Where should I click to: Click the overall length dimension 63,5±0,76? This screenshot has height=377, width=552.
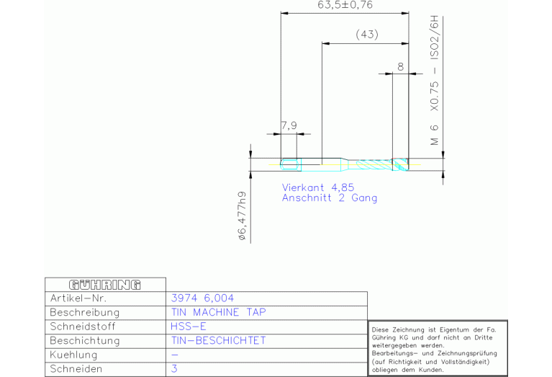click(x=345, y=5)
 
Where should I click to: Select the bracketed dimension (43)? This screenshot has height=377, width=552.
click(x=367, y=34)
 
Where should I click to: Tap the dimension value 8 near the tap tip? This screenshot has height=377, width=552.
click(x=401, y=66)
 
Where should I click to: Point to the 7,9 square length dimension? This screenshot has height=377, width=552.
click(x=289, y=125)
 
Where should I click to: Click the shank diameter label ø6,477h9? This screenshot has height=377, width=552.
click(x=243, y=216)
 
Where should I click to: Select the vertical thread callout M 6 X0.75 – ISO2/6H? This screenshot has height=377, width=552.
click(x=435, y=81)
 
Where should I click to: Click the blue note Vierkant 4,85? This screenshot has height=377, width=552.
click(x=318, y=187)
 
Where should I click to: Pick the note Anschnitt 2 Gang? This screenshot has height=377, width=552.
click(x=330, y=198)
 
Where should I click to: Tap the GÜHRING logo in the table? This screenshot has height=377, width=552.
click(x=105, y=285)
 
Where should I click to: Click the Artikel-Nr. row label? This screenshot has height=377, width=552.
click(x=78, y=298)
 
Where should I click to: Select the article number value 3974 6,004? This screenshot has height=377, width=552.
click(x=202, y=298)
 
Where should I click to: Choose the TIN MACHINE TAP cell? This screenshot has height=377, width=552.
click(x=218, y=312)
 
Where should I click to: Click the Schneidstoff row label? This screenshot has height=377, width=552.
click(x=83, y=327)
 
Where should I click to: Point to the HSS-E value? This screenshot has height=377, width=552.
click(x=189, y=327)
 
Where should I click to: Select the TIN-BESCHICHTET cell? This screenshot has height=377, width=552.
click(x=218, y=340)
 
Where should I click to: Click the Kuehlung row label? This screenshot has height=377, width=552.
click(x=73, y=355)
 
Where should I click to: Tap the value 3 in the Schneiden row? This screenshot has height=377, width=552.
click(x=174, y=369)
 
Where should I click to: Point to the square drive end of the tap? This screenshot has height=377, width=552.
click(x=291, y=164)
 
